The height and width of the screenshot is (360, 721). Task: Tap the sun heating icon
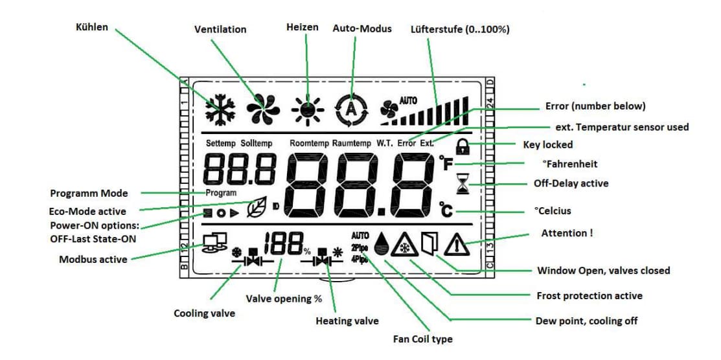click(307, 108)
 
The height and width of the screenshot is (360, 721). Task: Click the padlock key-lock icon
click(463, 147)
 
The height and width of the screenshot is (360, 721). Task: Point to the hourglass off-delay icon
click(461, 185)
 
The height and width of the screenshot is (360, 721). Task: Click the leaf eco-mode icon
click(257, 209)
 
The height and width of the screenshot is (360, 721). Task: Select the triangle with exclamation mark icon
click(457, 244)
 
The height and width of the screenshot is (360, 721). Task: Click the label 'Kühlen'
click(91, 28)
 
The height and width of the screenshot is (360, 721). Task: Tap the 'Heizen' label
click(303, 27)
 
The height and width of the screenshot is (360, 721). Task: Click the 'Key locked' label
click(547, 145)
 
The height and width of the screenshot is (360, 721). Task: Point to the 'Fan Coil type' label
click(422, 339)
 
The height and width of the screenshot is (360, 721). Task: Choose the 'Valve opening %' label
click(284, 299)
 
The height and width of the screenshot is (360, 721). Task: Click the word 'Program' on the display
click(221, 193)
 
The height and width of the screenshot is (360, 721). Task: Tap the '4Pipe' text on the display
click(360, 260)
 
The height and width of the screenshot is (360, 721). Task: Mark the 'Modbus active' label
click(93, 260)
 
